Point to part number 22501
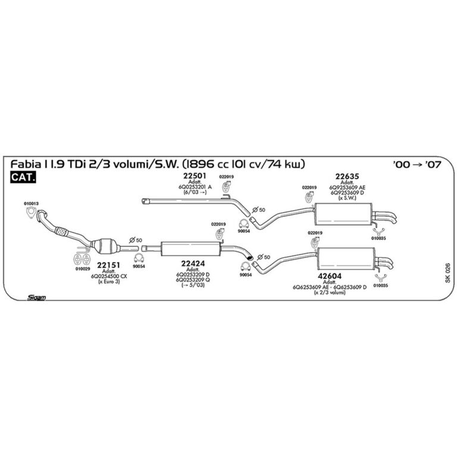(194, 176)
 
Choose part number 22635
(346, 176)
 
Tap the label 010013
(32, 204)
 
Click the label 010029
(83, 268)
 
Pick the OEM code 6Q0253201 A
(195, 186)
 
